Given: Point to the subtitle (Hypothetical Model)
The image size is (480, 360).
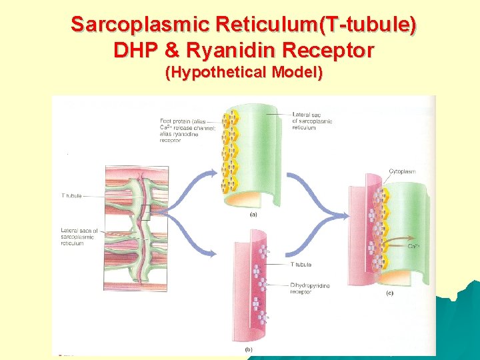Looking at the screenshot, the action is click(244, 72).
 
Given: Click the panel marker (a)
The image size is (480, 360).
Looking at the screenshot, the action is click(254, 215).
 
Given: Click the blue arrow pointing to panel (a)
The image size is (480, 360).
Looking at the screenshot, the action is click(193, 180).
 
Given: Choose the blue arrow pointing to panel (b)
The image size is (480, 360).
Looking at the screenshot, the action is click(193, 240).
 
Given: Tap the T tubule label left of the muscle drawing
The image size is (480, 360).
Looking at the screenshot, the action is click(71, 196).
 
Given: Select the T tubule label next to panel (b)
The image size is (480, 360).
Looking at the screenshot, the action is click(301, 265).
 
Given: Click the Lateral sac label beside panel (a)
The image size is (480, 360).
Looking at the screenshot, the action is click(313, 121).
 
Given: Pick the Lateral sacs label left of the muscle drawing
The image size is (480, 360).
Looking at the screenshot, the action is click(79, 237).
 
